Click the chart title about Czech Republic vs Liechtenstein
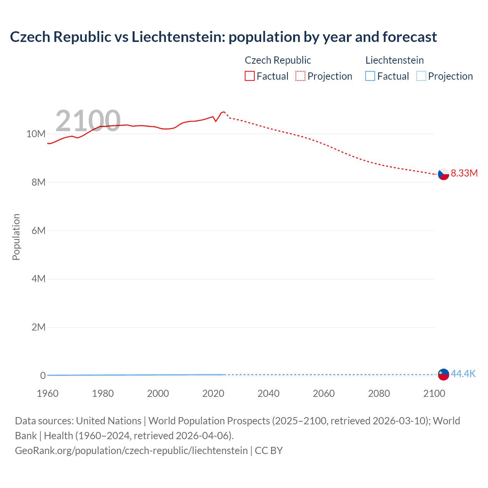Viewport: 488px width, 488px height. point(223,37)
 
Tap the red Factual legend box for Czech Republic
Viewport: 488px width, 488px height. point(249,76)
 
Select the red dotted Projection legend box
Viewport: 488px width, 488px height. point(300,76)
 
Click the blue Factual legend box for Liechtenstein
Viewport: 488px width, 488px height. point(370,76)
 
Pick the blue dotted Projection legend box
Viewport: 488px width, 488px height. point(421,76)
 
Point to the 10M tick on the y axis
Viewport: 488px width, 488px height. point(36,134)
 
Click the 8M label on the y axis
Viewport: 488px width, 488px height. point(39,182)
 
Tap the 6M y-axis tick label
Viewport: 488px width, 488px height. point(39,231)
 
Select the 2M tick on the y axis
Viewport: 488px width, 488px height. point(39,327)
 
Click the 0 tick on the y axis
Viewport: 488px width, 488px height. point(43,376)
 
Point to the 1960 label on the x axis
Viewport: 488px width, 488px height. point(48,393)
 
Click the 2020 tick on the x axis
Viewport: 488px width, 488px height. point(213,393)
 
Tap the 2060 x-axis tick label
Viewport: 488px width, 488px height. point(324,393)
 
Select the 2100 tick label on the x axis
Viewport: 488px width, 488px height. point(434,393)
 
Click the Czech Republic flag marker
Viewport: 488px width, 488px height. point(443,174)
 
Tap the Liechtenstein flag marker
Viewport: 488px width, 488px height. point(443,374)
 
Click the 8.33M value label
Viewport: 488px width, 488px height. point(464,173)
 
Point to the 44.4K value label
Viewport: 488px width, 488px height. point(463,374)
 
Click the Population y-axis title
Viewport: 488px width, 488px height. point(16,237)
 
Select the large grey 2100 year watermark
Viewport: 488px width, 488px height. point(88,121)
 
